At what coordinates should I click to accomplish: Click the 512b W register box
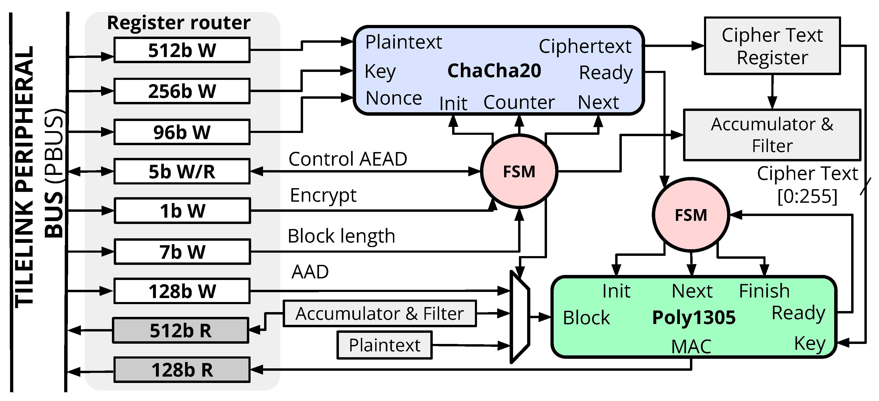click(x=182, y=50)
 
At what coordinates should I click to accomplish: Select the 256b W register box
click(x=182, y=91)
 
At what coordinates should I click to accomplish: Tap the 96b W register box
click(x=182, y=132)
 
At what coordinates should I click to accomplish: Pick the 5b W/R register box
click(x=182, y=171)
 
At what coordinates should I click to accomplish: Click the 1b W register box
click(x=182, y=211)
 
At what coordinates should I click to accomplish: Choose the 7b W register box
click(x=182, y=252)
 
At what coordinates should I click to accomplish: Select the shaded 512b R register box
click(x=181, y=330)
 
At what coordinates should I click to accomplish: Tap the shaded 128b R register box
click(x=182, y=370)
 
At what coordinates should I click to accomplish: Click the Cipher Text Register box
click(x=772, y=46)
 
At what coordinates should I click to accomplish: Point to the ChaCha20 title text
click(x=494, y=71)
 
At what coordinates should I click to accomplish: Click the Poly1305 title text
click(x=693, y=317)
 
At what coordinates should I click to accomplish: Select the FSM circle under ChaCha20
click(x=519, y=171)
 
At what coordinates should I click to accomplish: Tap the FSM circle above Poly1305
click(x=691, y=215)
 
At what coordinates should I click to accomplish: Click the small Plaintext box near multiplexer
click(x=384, y=345)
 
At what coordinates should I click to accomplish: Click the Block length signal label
click(x=341, y=236)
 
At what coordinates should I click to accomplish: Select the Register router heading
click(x=178, y=23)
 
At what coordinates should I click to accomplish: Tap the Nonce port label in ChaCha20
click(x=393, y=98)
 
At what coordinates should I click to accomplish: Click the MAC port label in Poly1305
click(x=691, y=346)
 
